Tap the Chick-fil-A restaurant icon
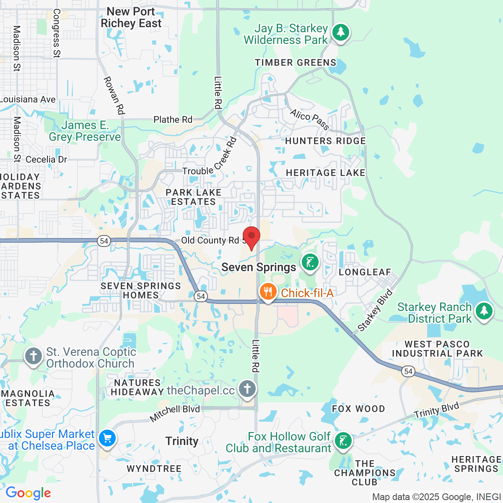click(x=267, y=292)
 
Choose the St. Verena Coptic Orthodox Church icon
click(x=33, y=356)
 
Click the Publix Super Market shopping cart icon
click(x=107, y=439)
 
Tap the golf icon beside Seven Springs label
click(x=310, y=263)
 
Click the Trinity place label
click(x=181, y=441)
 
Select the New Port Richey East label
click(x=131, y=18)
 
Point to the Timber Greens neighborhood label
click(x=296, y=63)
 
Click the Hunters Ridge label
click(x=325, y=141)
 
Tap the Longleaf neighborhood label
click(x=365, y=272)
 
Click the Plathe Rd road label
click(x=173, y=120)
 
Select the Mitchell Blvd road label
click(x=175, y=413)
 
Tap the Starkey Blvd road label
click(x=375, y=310)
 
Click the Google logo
click(x=28, y=493)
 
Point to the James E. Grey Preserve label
click(x=85, y=131)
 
